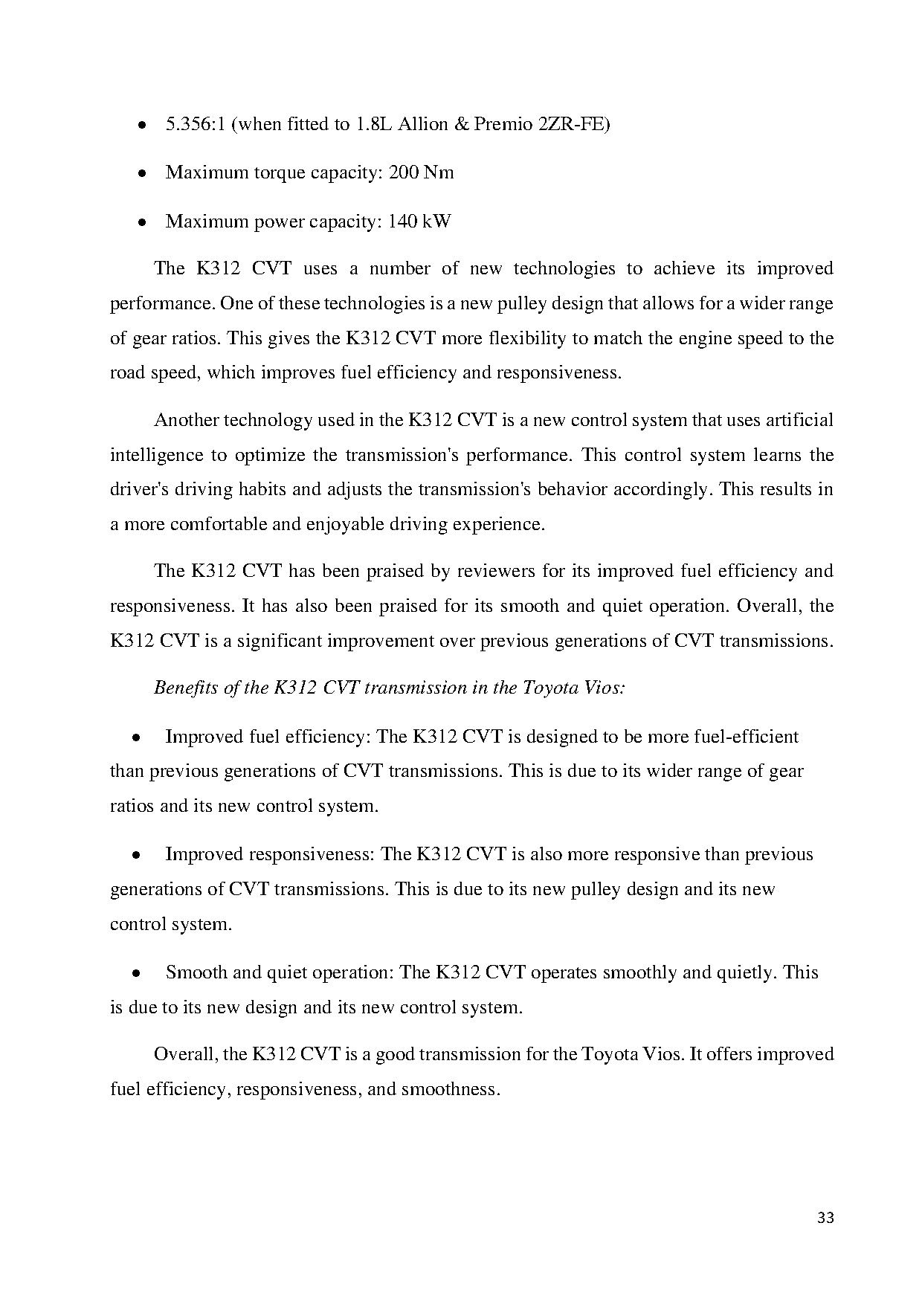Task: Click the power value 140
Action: pos(402,222)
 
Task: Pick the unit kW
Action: pos(436,222)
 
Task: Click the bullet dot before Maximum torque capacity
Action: pos(141,174)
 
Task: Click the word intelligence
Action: pos(156,455)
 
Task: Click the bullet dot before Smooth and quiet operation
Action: pos(137,974)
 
